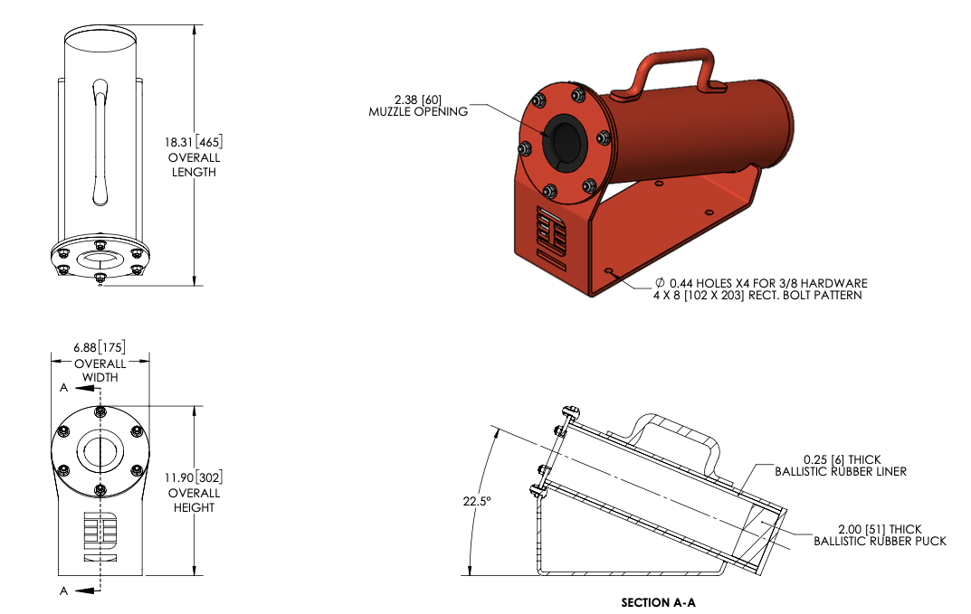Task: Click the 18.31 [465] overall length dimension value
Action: tap(195, 142)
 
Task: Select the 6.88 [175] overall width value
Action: tap(100, 347)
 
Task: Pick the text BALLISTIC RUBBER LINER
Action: tap(841, 471)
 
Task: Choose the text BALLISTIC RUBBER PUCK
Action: tap(880, 541)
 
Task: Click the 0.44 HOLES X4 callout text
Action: tap(761, 283)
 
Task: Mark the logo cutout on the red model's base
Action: tap(552, 233)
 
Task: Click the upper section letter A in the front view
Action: tap(63, 387)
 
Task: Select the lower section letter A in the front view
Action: tap(63, 590)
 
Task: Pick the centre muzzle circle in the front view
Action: tap(100, 449)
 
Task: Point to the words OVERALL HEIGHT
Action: tap(195, 500)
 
